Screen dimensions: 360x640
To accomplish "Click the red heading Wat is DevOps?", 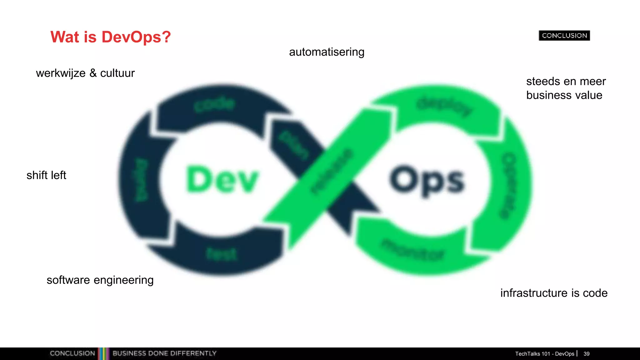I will [111, 37].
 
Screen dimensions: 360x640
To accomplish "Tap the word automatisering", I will [327, 52].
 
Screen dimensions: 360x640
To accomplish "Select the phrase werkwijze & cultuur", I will [85, 73].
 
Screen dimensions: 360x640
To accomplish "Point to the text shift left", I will [46, 175].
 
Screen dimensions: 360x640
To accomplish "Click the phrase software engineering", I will [100, 280].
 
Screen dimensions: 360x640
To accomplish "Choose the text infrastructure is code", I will [554, 293].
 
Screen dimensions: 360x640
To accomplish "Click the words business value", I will [564, 95].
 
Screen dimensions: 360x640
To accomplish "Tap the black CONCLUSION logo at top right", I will [564, 36].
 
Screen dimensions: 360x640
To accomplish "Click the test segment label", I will [222, 254].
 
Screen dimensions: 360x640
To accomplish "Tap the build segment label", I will [141, 180].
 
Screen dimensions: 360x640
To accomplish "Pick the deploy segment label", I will [444, 106].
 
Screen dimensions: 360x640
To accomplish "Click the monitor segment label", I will [412, 250].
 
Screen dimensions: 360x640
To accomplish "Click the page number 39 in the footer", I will [586, 354].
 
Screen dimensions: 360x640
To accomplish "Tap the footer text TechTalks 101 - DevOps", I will [545, 354].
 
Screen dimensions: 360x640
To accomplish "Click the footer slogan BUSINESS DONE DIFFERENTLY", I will [164, 353].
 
